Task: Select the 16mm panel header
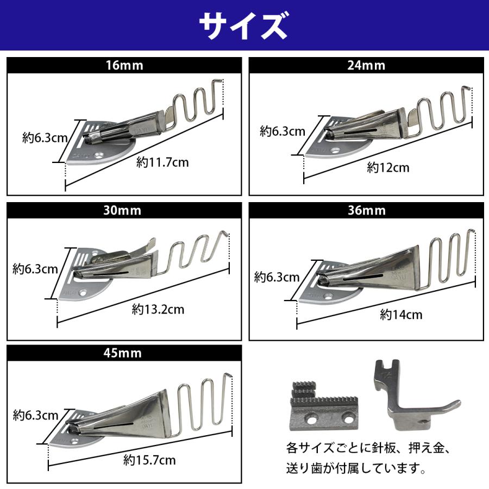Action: pos(124,66)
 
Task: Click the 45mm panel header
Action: pos(124,353)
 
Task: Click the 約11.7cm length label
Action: pos(162,162)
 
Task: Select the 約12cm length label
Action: pos(388,168)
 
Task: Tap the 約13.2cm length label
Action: pos(158,310)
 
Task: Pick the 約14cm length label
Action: pos(401,314)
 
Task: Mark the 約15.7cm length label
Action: pos(149,460)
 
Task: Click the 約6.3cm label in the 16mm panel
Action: pos(45,137)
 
